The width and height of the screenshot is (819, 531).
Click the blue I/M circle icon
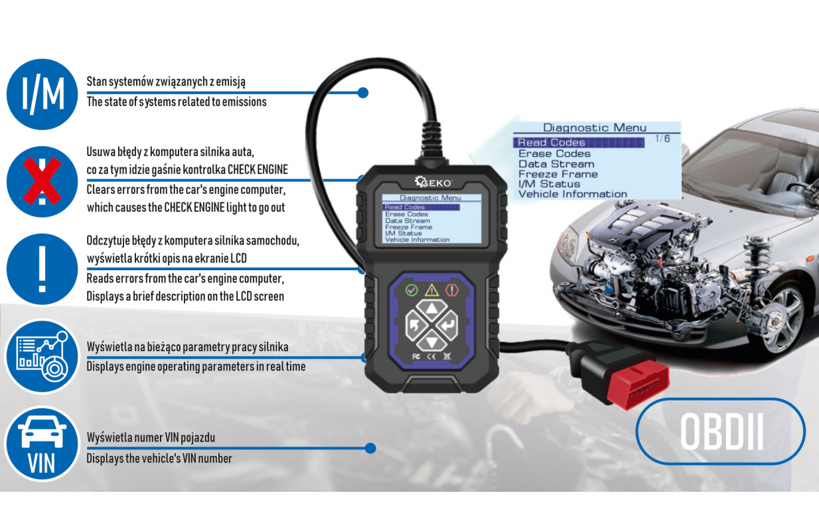click(x=42, y=94)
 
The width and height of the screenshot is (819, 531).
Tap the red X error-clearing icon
click(x=42, y=181)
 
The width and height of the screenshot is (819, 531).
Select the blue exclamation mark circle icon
click(x=42, y=269)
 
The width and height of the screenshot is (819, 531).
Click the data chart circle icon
click(x=42, y=356)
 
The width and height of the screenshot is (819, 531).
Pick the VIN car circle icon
click(x=42, y=444)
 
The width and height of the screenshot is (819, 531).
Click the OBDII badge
click(x=721, y=432)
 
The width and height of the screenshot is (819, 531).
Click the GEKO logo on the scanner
click(x=433, y=182)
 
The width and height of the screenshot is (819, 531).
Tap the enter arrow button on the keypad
click(x=448, y=325)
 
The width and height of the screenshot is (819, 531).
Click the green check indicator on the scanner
click(x=411, y=290)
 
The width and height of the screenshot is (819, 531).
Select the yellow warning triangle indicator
click(x=432, y=290)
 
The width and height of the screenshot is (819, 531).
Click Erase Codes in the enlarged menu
click(x=554, y=153)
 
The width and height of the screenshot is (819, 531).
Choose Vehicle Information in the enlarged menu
click(x=573, y=194)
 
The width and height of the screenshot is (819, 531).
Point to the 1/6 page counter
click(x=662, y=139)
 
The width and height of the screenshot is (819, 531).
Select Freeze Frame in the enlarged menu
click(x=558, y=174)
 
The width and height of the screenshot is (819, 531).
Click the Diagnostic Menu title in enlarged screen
click(x=595, y=127)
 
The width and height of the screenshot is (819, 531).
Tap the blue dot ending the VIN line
click(x=370, y=448)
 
